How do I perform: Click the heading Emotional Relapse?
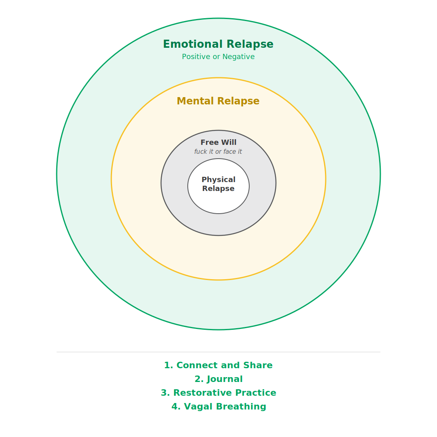tap(218, 45)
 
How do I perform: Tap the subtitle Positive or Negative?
tap(218, 57)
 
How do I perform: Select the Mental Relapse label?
tap(218, 101)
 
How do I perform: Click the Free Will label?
tap(218, 142)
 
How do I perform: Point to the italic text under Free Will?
tap(218, 152)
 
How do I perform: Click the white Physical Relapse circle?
tap(218, 202)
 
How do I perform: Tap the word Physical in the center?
tap(218, 180)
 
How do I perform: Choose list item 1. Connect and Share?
tap(218, 365)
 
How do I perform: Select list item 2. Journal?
tap(218, 379)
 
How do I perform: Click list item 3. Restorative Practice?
tap(218, 393)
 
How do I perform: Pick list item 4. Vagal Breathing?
tap(218, 407)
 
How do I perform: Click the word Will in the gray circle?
tap(229, 142)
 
